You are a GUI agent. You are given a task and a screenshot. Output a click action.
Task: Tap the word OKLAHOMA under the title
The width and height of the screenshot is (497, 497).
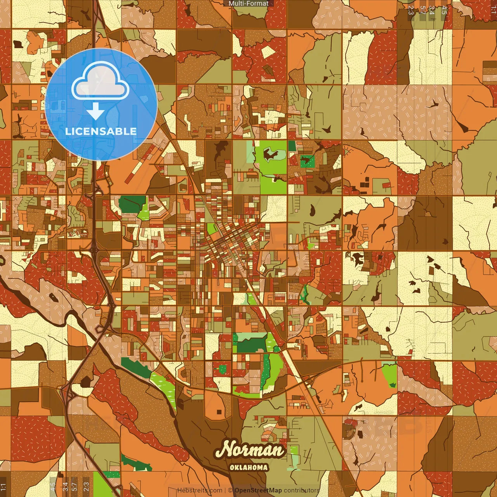pyautogui.click(x=249, y=467)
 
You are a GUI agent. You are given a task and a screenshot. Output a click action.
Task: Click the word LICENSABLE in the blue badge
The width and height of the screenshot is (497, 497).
pyautogui.click(x=101, y=131)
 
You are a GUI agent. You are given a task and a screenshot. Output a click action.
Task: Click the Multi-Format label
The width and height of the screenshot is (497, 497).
pyautogui.click(x=248, y=3)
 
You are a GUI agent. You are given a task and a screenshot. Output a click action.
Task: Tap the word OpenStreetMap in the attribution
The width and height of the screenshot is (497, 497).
pyautogui.click(x=258, y=490)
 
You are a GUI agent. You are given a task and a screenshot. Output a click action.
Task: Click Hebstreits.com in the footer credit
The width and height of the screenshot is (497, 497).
pyautogui.click(x=200, y=490)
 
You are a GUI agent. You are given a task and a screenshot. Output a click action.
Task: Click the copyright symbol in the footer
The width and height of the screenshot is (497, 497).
pyautogui.click(x=230, y=490)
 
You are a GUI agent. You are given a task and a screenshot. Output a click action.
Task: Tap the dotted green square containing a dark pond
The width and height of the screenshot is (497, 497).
pyautogui.click(x=308, y=161)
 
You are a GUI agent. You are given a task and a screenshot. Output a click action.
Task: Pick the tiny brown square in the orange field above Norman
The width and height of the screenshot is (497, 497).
pyautogui.click(x=219, y=412)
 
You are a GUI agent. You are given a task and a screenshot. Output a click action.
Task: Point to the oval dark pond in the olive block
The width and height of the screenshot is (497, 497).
pyautogui.click(x=312, y=210)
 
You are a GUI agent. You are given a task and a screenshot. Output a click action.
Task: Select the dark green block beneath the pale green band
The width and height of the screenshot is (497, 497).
pyautogui.click(x=251, y=346)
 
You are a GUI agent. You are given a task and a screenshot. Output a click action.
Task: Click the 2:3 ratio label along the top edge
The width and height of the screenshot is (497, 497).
pyautogui.click(x=411, y=10)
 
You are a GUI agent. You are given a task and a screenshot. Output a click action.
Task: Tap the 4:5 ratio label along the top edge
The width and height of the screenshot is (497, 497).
pyautogui.click(x=444, y=10)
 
